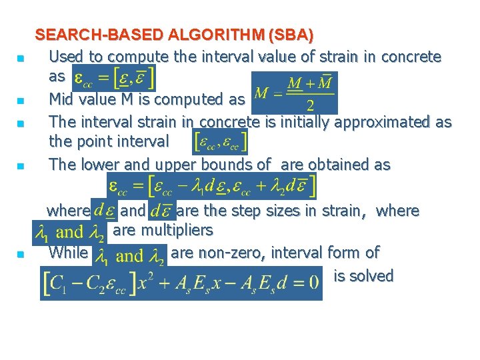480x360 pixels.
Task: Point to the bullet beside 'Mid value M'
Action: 21,101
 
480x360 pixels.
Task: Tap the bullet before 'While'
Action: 21,255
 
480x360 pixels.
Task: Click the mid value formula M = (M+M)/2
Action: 295,93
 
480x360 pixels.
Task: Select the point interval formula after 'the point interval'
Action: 220,141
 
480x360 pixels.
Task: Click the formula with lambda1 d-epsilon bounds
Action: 212,185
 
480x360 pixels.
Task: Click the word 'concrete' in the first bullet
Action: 408,57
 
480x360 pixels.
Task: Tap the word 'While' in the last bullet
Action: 68,253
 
